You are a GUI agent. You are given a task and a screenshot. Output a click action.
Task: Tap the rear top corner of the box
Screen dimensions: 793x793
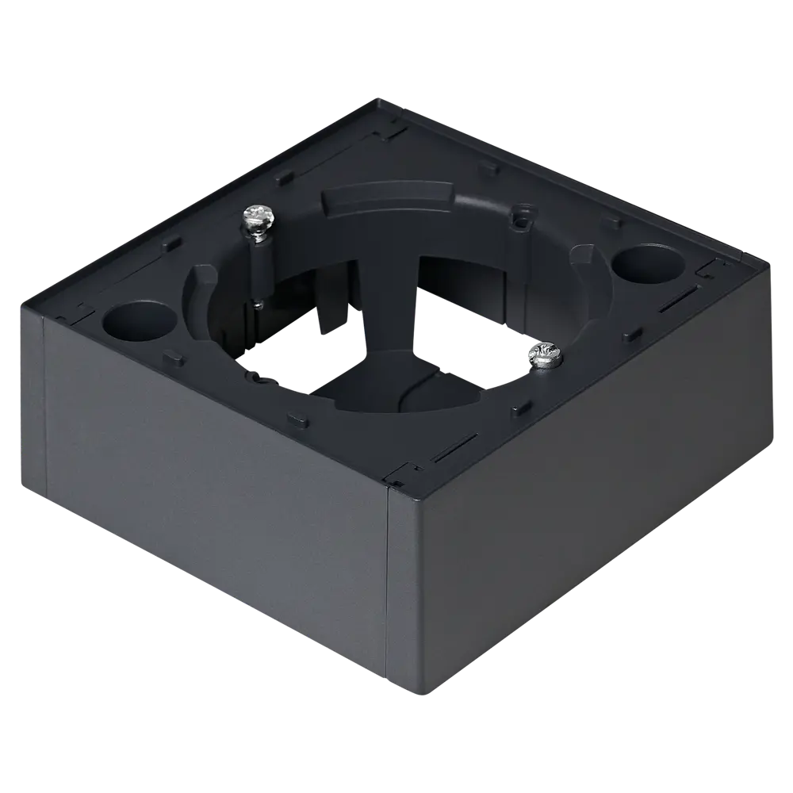click(379, 102)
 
